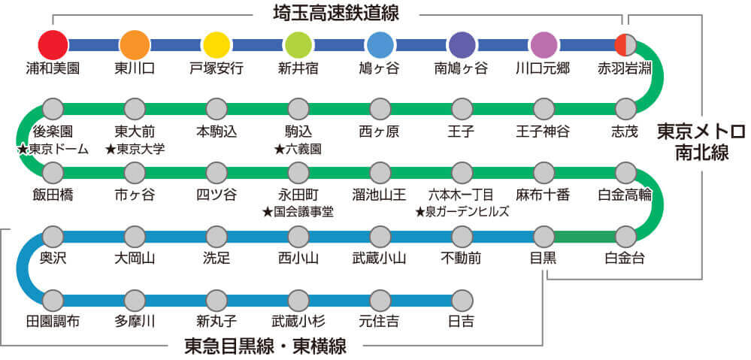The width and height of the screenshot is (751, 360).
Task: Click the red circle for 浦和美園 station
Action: click(x=53, y=44)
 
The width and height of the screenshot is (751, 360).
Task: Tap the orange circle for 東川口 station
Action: click(x=135, y=44)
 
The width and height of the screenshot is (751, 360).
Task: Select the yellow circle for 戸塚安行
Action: click(x=217, y=44)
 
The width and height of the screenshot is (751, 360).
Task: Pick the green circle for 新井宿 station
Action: click(x=298, y=44)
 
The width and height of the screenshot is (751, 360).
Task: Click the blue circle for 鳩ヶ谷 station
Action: click(x=380, y=44)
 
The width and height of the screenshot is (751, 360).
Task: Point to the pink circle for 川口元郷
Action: click(x=544, y=44)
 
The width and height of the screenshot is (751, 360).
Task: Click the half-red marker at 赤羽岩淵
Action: click(x=625, y=44)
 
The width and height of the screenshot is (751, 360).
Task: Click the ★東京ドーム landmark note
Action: click(x=53, y=148)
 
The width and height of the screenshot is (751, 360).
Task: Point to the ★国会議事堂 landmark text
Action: click(x=298, y=212)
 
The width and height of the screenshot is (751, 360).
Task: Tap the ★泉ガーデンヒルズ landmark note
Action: click(x=462, y=212)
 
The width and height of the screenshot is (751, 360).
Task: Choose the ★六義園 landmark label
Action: click(x=298, y=148)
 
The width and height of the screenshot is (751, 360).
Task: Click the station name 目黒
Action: click(x=544, y=259)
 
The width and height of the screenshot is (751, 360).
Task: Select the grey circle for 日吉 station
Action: click(x=462, y=301)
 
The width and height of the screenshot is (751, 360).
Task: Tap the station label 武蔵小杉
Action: click(x=298, y=322)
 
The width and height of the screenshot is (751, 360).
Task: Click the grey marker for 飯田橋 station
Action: click(x=53, y=172)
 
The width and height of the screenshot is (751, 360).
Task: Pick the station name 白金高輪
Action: click(x=625, y=195)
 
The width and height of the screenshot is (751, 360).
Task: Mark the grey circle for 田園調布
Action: click(x=53, y=301)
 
